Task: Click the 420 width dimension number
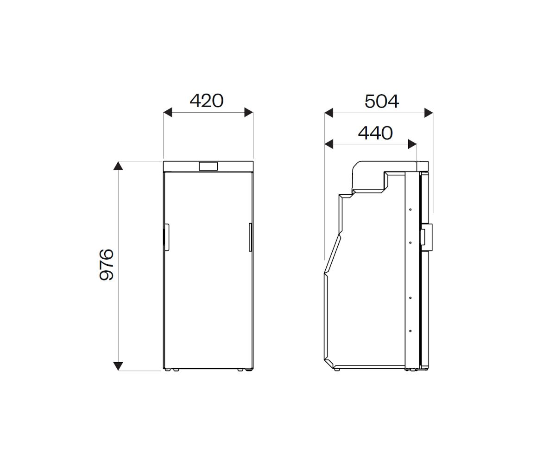[x=207, y=101]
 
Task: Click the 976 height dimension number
[x=107, y=265]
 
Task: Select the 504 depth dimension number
[x=382, y=102]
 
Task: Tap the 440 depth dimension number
[x=375, y=133]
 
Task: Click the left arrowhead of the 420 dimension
[x=168, y=112]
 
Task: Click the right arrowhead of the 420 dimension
[x=248, y=112]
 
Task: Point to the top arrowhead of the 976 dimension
[x=118, y=166]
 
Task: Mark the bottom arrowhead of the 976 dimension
[x=118, y=366]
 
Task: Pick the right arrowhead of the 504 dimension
[x=429, y=113]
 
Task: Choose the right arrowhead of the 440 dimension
[x=412, y=144]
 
